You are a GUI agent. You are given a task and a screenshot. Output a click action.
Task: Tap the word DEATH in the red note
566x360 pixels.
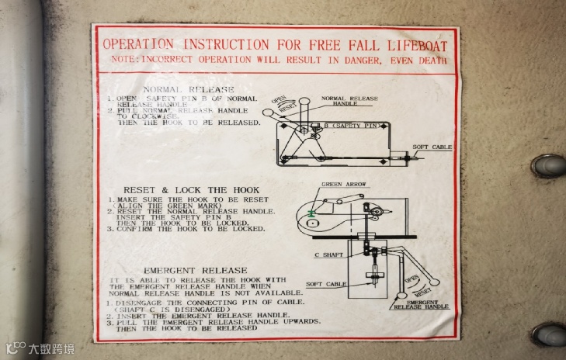(x=432, y=60)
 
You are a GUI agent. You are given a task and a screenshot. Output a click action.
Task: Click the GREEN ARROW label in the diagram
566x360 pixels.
(x=342, y=185)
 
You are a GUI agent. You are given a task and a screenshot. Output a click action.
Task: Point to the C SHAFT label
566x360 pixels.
(x=328, y=255)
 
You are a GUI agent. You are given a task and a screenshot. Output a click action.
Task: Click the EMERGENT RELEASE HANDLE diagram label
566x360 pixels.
(x=421, y=304)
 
